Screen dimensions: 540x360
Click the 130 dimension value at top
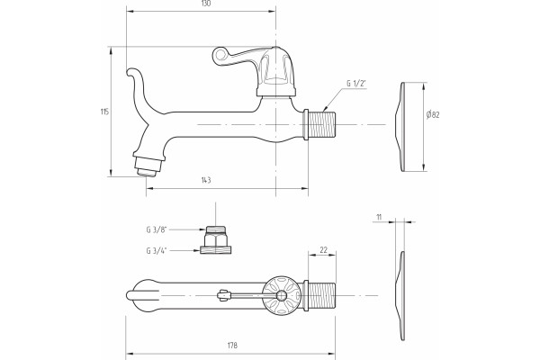(205, 4)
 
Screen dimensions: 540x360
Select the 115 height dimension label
(104, 112)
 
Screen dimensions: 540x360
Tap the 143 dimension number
(205, 180)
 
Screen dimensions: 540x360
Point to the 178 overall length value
(232, 346)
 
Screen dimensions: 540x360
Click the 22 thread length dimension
(323, 250)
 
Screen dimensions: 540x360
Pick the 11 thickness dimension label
(379, 217)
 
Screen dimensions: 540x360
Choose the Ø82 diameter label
(433, 114)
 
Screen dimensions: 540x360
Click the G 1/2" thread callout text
(355, 84)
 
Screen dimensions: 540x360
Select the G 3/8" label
(157, 229)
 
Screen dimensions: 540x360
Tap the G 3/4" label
(157, 250)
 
